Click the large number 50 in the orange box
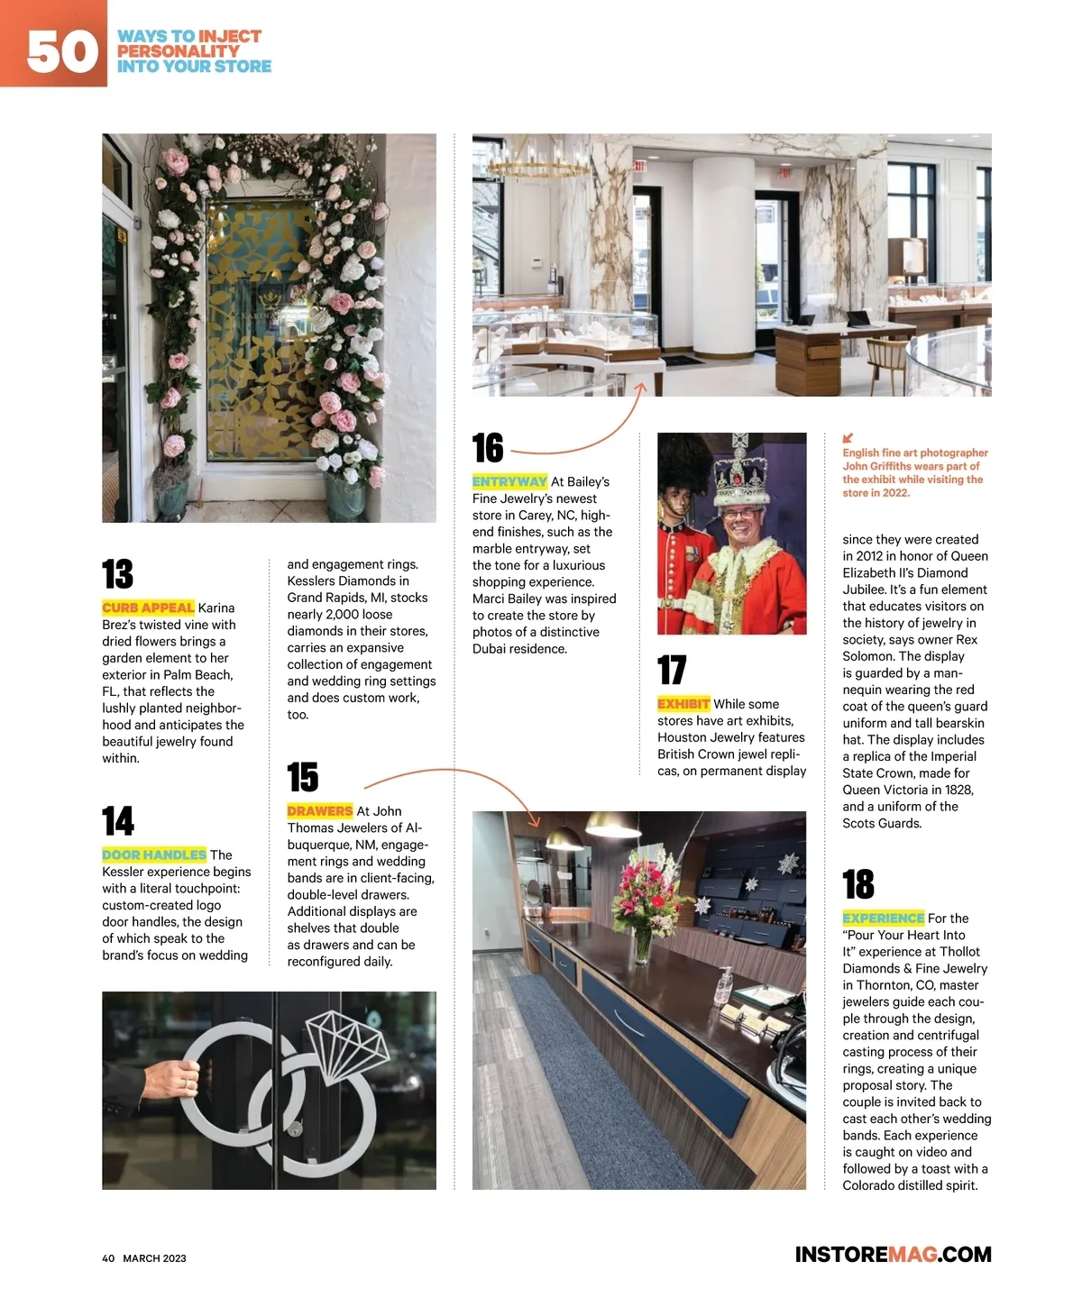tap(61, 50)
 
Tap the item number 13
tap(118, 574)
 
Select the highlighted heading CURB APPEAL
tap(148, 608)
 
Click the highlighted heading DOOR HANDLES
tap(154, 855)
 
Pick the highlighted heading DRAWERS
tap(319, 811)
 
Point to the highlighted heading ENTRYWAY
tap(509, 481)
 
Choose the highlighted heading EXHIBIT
tap(683, 704)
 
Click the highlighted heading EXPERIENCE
tap(883, 918)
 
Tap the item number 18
tap(858, 884)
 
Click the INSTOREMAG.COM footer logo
tap(893, 1255)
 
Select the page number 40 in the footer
tap(108, 1258)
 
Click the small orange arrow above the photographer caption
tap(848, 438)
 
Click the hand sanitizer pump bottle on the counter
tap(722, 987)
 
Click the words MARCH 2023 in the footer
tap(154, 1258)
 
